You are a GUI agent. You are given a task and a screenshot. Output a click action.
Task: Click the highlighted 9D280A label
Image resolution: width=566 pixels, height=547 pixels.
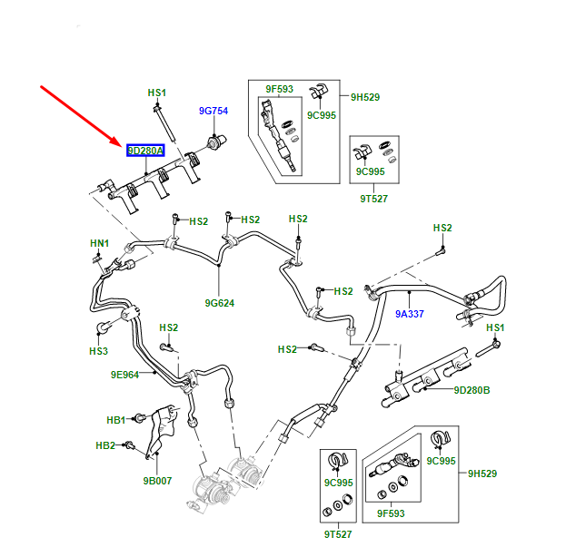click(x=145, y=151)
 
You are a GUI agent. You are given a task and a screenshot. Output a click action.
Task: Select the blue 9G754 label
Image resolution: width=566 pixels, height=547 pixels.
click(x=213, y=111)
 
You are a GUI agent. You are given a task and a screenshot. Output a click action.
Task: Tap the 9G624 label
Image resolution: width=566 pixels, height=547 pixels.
click(x=220, y=303)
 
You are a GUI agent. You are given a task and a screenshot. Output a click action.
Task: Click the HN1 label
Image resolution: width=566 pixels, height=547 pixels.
click(x=99, y=243)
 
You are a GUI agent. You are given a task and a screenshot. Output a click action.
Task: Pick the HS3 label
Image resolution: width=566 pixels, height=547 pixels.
click(x=98, y=351)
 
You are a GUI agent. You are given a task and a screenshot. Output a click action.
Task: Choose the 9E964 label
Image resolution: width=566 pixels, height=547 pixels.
click(x=125, y=374)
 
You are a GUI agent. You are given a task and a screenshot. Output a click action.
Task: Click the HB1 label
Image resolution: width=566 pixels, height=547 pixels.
click(x=116, y=420)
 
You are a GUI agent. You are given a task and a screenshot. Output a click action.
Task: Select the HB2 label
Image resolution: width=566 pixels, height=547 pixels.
click(x=105, y=445)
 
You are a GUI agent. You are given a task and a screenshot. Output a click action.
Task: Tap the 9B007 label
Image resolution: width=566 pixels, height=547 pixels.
click(x=157, y=481)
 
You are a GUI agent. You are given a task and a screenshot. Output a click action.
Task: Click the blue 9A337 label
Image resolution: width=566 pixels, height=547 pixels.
click(x=410, y=315)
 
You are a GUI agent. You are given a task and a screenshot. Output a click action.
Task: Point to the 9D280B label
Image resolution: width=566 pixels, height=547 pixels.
click(x=472, y=390)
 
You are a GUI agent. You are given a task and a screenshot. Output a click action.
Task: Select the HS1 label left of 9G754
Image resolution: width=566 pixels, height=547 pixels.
click(x=157, y=93)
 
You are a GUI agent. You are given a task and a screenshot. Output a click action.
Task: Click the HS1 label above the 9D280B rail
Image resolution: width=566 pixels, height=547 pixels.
click(x=495, y=327)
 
